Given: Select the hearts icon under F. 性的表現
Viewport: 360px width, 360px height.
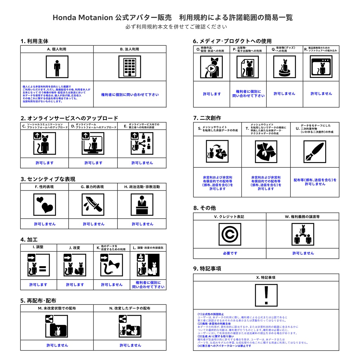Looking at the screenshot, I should [45, 204].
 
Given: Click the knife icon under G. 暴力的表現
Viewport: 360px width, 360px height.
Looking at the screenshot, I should [93, 204].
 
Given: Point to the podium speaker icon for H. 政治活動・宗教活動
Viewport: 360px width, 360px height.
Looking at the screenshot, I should [142, 204].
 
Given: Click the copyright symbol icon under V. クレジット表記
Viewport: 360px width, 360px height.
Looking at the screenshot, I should [230, 234].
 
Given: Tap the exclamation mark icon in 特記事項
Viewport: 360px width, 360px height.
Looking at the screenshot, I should [266, 295].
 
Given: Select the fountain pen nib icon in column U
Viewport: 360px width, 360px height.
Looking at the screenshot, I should [315, 150].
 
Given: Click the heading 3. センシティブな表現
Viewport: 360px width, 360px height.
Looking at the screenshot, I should [48, 179].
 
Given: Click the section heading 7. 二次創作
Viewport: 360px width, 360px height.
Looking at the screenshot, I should [207, 118].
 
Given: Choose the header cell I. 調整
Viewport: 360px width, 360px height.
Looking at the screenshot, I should [38, 247].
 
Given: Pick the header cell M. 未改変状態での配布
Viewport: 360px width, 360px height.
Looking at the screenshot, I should [57, 308].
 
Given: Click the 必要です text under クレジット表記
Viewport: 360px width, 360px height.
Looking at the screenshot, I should [230, 253].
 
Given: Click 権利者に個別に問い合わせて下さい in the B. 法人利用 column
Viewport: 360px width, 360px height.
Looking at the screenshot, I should [130, 95].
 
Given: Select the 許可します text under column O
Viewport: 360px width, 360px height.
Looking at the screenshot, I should [212, 94].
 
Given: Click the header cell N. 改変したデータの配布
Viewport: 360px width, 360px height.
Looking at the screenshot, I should [130, 308].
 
